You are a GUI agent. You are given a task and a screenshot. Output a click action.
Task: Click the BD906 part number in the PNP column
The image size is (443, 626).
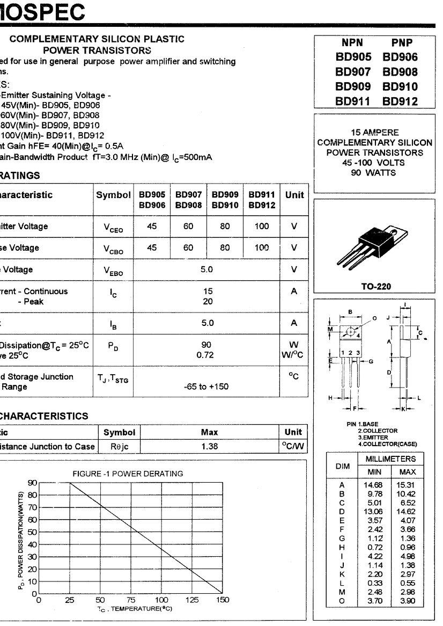pyautogui.click(x=400, y=57)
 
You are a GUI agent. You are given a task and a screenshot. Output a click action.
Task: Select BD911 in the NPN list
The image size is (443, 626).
pyautogui.click(x=353, y=101)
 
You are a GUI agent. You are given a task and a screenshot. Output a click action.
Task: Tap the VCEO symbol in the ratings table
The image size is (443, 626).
pyautogui.click(x=113, y=227)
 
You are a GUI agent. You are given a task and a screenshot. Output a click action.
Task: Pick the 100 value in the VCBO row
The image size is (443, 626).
pyautogui.click(x=262, y=248)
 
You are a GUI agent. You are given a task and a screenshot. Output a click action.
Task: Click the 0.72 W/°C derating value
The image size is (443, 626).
pyautogui.click(x=206, y=355)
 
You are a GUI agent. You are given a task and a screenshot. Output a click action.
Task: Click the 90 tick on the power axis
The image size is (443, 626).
pyautogui.click(x=32, y=482)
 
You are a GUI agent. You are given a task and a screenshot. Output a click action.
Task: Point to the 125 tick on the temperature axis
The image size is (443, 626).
pyautogui.click(x=192, y=600)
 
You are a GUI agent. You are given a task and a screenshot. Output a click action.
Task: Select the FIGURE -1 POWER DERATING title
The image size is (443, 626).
pyautogui.click(x=128, y=474)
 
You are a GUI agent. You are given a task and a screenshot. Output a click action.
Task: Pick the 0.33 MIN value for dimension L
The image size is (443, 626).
pyautogui.click(x=375, y=583)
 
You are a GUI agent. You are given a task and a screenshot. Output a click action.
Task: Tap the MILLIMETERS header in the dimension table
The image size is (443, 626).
pyautogui.click(x=390, y=459)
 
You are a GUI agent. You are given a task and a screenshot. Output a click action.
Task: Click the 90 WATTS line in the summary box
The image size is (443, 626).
pyautogui.click(x=374, y=173)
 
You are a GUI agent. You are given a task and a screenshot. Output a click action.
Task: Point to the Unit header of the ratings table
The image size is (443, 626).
pyautogui.click(x=294, y=195)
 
